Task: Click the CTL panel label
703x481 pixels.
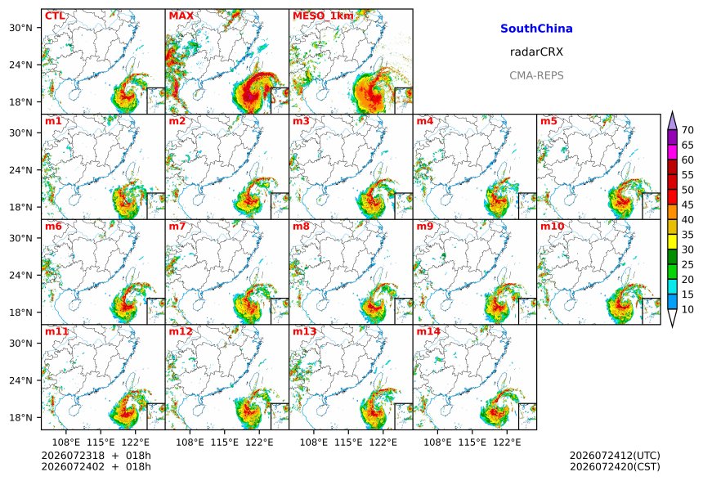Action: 55,16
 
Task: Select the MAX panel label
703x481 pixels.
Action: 181,16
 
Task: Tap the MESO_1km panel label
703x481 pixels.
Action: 323,16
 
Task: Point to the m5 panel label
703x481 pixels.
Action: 549,121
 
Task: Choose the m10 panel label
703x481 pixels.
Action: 552,226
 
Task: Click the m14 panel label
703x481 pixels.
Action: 428,331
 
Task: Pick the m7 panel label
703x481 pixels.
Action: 177,226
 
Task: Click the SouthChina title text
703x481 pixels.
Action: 536,29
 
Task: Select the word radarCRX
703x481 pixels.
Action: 536,52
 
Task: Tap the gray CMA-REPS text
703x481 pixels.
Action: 536,75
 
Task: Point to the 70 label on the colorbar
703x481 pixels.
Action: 687,130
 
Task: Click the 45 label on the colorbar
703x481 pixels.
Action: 687,205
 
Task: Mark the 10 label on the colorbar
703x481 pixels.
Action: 687,309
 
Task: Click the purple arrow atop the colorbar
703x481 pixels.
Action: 672,121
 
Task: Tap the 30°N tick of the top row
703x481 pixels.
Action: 20,28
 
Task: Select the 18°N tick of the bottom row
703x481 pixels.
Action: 20,417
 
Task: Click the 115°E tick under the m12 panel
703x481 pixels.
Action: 224,443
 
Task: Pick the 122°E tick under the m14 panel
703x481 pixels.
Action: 507,443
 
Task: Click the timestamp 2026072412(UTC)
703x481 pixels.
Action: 615,456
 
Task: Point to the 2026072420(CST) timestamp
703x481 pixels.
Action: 615,466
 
